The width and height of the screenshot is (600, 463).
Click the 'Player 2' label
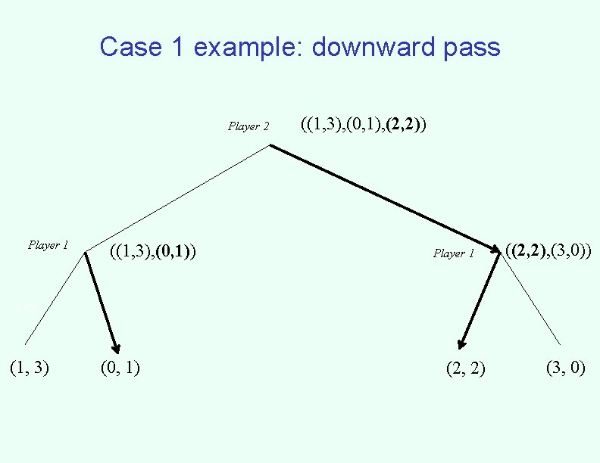click(x=248, y=126)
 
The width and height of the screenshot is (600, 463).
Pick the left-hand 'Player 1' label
click(x=48, y=245)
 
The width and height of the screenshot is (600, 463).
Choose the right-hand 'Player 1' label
click(x=454, y=253)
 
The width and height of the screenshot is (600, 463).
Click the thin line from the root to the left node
click(x=178, y=198)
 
